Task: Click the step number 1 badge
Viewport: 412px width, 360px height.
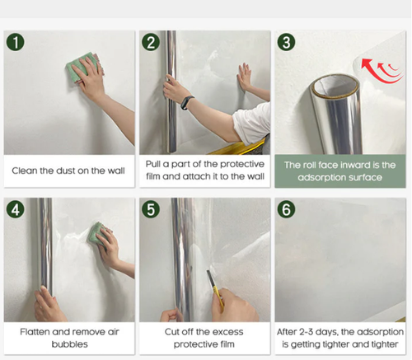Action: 15,42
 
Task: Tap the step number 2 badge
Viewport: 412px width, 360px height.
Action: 150,42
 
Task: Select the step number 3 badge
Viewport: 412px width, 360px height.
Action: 286,42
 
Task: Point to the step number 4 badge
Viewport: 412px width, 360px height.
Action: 15,209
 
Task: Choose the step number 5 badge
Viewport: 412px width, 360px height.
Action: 150,209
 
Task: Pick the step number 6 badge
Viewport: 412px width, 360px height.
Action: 286,209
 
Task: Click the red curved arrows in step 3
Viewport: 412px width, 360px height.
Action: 381,75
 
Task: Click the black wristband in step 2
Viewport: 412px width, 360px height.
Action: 186,103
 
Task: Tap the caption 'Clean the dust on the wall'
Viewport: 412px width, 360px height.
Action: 68,171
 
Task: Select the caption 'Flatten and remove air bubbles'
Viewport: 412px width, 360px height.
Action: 68,338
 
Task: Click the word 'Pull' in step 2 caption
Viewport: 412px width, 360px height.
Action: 155,165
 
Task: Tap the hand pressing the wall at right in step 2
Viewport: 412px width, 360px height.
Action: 244,77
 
